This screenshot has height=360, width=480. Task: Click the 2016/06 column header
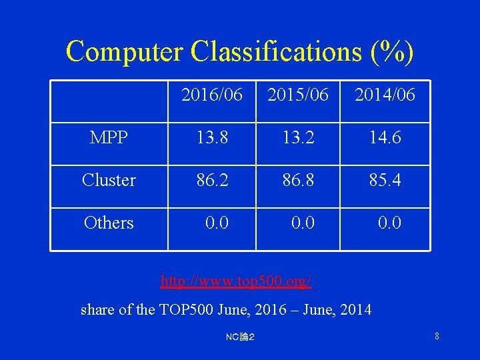click(x=212, y=95)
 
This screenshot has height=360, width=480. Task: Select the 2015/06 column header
click(x=298, y=95)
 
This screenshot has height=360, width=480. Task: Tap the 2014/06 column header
click(x=385, y=95)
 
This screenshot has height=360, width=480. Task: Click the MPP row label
click(x=109, y=138)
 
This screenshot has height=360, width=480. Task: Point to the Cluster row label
click(x=109, y=180)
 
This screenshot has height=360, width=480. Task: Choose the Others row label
click(x=109, y=223)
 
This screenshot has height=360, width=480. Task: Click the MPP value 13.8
click(x=212, y=138)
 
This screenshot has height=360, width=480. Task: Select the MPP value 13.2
click(x=298, y=138)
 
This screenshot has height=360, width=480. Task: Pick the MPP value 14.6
click(x=385, y=138)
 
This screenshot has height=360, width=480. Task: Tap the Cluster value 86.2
click(x=212, y=180)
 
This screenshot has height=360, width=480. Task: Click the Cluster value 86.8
click(x=298, y=180)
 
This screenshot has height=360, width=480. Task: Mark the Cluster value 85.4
click(x=385, y=180)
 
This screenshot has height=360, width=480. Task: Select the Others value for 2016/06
click(x=217, y=223)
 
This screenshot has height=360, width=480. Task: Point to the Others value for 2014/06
click(x=389, y=223)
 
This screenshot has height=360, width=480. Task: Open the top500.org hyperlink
click(x=236, y=281)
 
